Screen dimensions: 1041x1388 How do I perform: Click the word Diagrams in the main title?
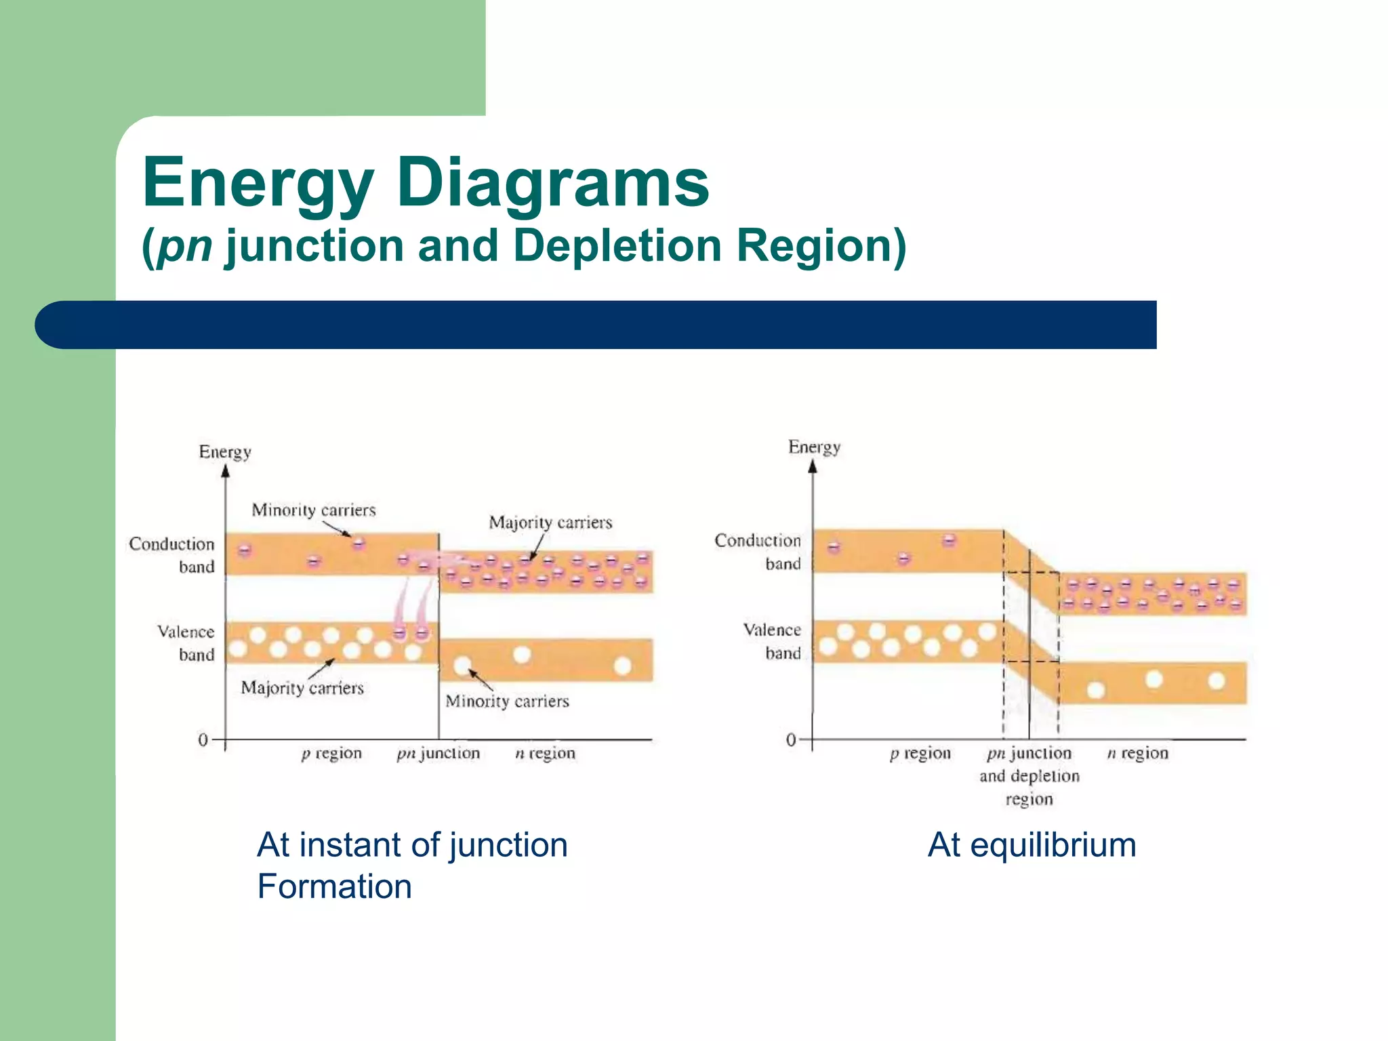[x=552, y=183]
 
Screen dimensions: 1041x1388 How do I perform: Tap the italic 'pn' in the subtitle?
[x=185, y=246]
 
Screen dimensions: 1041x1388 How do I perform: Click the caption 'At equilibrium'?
[x=1032, y=845]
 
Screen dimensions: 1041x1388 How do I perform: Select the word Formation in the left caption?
[x=335, y=886]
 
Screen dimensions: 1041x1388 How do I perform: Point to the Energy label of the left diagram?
[x=225, y=452]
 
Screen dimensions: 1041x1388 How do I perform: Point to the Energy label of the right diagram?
[x=815, y=447]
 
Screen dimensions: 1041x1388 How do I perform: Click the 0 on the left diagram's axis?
[x=203, y=739]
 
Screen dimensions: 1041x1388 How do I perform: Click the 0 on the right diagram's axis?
[x=791, y=740]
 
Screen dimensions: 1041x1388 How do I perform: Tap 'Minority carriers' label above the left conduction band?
[x=314, y=510]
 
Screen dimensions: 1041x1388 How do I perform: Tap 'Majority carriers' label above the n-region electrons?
[x=550, y=523]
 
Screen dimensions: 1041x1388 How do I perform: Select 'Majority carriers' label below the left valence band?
[x=302, y=688]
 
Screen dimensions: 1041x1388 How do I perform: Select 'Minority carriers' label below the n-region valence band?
[x=507, y=701]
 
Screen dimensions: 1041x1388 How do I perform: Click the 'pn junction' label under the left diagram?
[x=438, y=754]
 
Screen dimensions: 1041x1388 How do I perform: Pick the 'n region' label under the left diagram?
[x=545, y=754]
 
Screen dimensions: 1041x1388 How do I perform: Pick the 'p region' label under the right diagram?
[x=920, y=754]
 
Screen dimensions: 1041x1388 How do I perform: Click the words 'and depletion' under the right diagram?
[x=1029, y=776]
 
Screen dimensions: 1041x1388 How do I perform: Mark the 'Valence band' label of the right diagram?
[x=773, y=641]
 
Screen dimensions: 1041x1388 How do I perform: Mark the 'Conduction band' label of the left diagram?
[x=172, y=555]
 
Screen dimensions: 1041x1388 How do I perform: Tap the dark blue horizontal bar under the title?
[x=596, y=325]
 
